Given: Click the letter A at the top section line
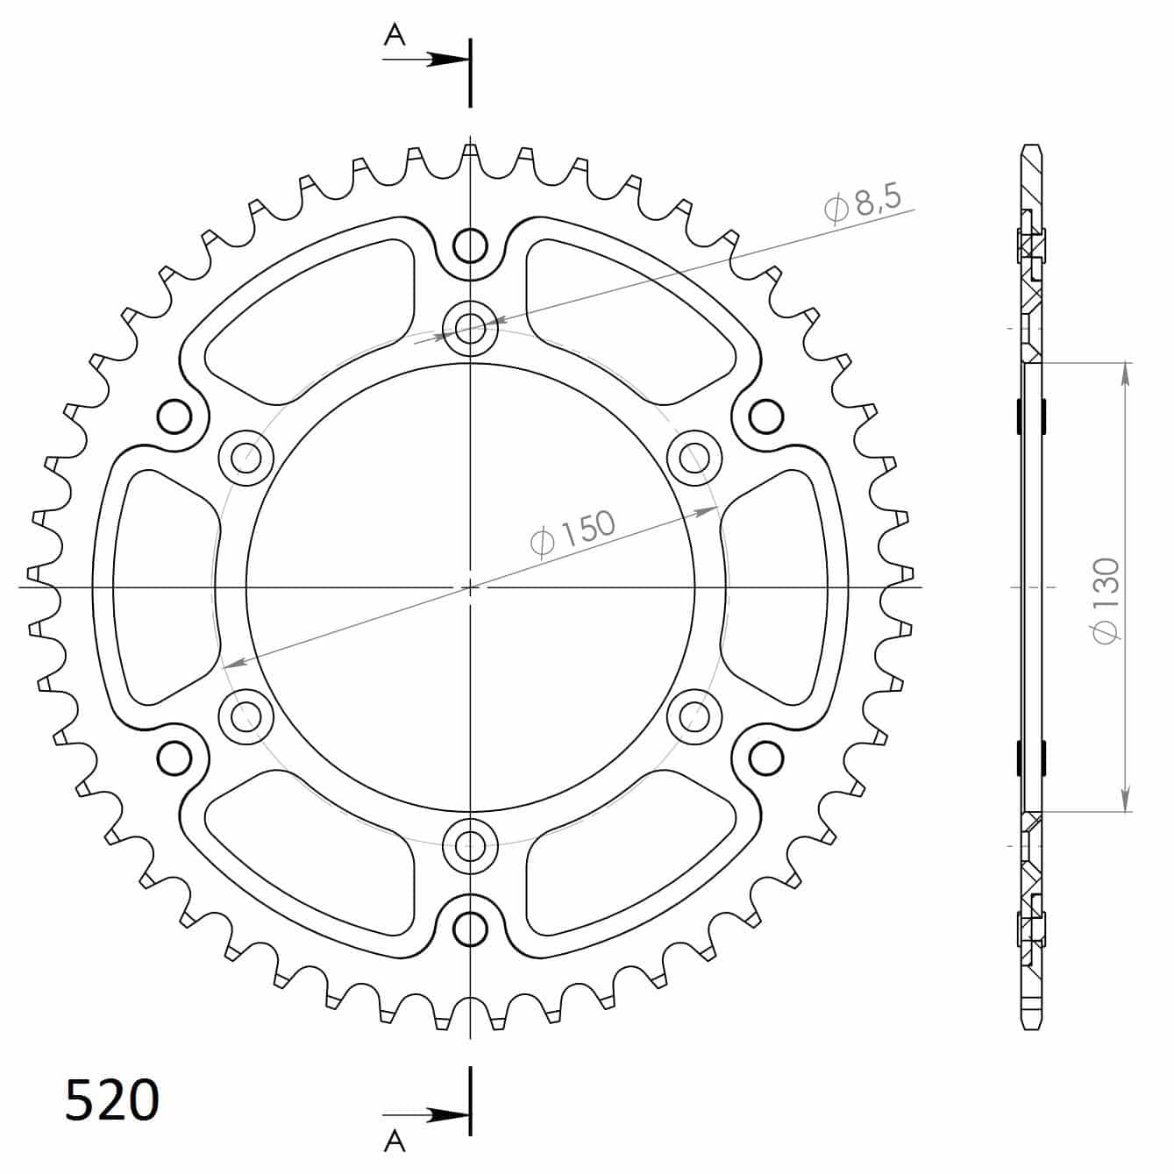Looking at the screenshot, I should pyautogui.click(x=396, y=34).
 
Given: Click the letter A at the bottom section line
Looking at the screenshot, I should pyautogui.click(x=395, y=1139).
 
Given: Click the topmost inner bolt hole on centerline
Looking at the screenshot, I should pyautogui.click(x=471, y=328).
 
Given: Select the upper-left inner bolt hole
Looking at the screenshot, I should pyautogui.click(x=246, y=457).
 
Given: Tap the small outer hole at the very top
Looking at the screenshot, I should pyautogui.click(x=471, y=246).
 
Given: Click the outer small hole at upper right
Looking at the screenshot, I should pyautogui.click(x=765, y=416).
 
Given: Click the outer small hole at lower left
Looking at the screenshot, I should pyautogui.click(x=175, y=756).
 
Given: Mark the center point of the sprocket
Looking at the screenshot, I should pyautogui.click(x=471, y=587).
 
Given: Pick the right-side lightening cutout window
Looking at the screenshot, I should pyautogui.click(x=776, y=587).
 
